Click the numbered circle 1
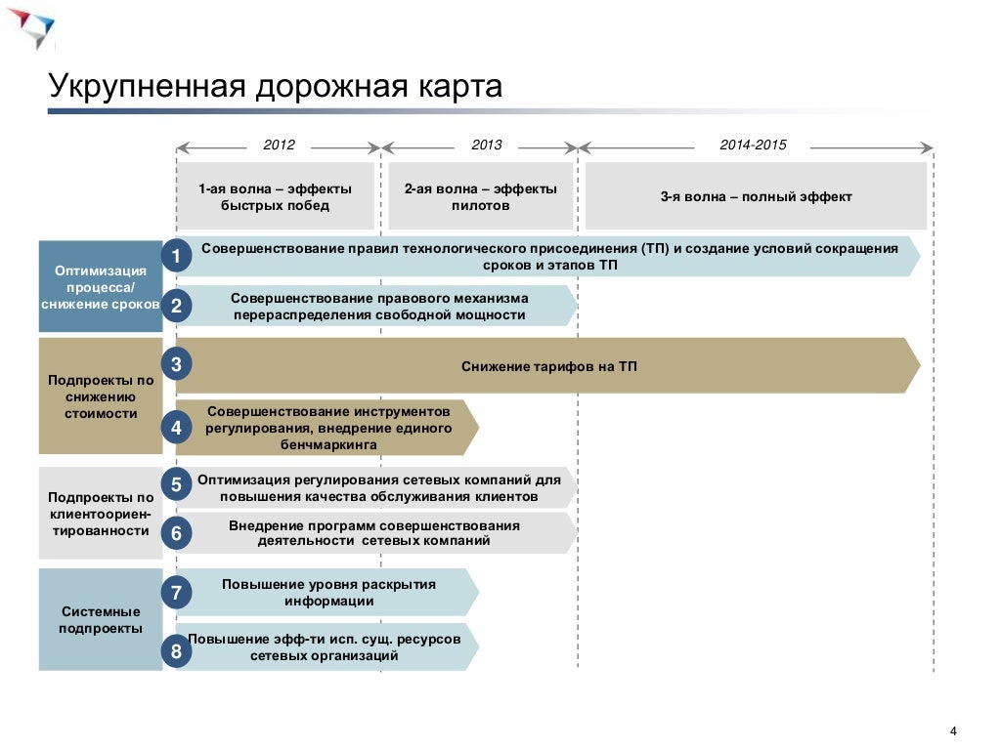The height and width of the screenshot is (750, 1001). pos(176,257)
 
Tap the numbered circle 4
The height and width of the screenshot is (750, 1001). pos(176,427)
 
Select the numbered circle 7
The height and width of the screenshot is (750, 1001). pos(176,592)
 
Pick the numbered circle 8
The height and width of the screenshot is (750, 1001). pos(176,651)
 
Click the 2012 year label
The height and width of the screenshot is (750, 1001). pos(279,146)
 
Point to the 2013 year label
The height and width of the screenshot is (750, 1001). pos(486,146)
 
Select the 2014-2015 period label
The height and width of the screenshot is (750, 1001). pos(753,146)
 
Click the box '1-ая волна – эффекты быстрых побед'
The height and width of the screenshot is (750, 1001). pos(275,196)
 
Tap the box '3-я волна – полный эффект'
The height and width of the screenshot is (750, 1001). pos(756,196)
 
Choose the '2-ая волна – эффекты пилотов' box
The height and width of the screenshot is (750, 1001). pos(481,196)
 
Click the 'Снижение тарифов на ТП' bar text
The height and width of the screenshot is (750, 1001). pos(548,366)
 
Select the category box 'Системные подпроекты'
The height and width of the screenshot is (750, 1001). pos(101,619)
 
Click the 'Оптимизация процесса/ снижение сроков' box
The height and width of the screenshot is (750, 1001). pos(101,286)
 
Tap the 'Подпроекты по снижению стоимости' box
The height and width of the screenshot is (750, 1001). pos(101,396)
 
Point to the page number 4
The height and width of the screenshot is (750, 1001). pos(952,732)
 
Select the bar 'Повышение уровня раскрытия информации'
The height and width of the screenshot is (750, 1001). pos(327,592)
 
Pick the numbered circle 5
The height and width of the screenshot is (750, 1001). pos(176,484)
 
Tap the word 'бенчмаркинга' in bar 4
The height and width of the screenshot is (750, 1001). pos(327,444)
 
